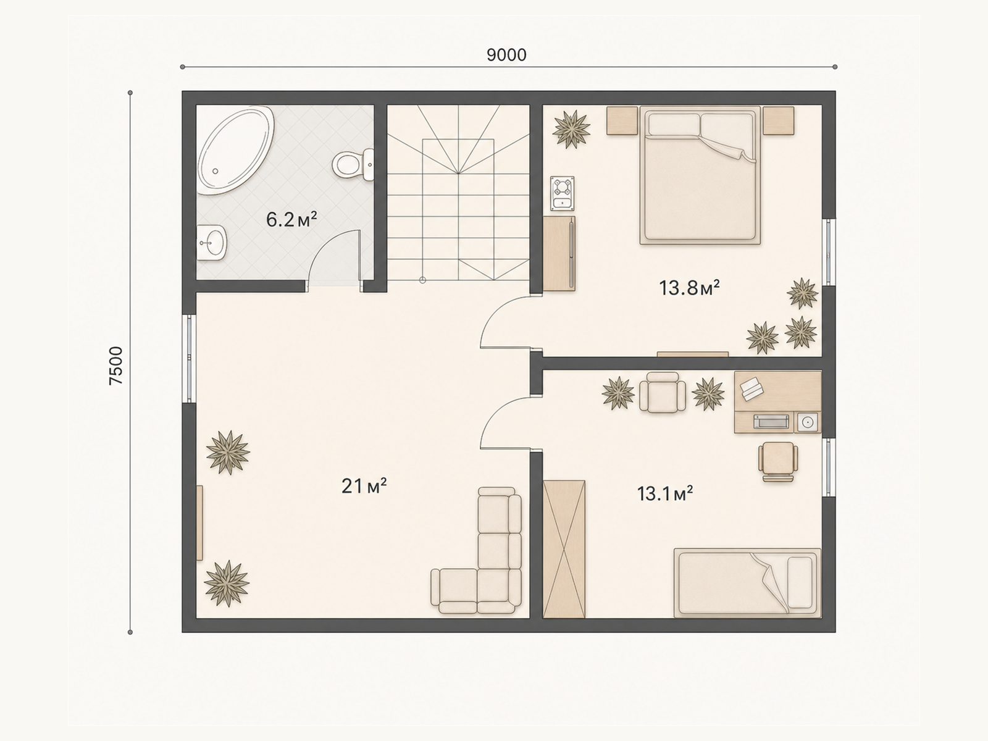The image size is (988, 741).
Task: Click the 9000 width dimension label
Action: (506, 55)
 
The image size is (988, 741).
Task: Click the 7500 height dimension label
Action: (116, 366)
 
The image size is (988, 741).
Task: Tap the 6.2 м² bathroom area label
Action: (291, 220)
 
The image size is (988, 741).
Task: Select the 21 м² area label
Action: (364, 486)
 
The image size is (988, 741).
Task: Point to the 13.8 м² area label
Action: (689, 288)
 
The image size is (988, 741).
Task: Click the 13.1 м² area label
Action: (665, 493)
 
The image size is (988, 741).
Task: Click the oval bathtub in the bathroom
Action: (235, 150)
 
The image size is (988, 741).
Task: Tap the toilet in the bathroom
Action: (353, 165)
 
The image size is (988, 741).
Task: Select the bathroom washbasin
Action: (211, 243)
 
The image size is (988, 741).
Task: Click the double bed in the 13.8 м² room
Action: (700, 175)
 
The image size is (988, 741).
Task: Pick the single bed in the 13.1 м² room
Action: (747, 583)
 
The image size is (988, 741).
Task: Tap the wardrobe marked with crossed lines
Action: (564, 550)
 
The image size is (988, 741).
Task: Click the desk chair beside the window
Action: (778, 462)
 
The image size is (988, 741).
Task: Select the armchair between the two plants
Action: (663, 392)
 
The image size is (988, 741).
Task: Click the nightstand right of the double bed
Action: (778, 120)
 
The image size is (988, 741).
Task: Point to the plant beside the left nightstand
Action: (571, 129)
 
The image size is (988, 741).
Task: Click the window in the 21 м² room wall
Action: (189, 359)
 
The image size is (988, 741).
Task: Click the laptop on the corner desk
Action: (751, 389)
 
